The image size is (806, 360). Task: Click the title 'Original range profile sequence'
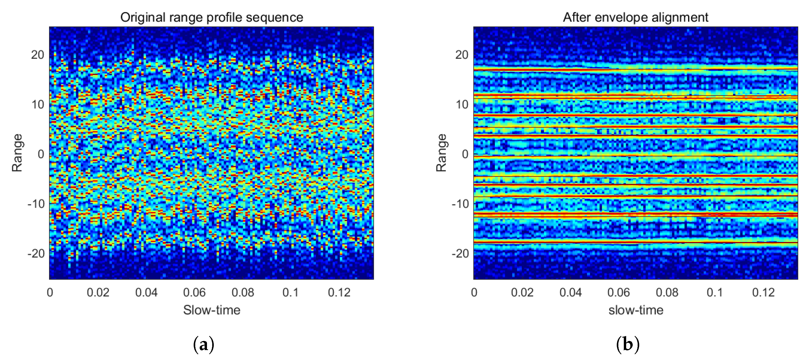[x=211, y=17]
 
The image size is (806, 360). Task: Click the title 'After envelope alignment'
[x=636, y=17]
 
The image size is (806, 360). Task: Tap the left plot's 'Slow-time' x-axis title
[x=211, y=310]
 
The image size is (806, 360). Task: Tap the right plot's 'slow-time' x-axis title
[x=636, y=310]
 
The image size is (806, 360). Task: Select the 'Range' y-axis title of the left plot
[x=17, y=153]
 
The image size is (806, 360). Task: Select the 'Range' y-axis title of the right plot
[x=441, y=153]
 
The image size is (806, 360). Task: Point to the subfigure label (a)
[x=204, y=344]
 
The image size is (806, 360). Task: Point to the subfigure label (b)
[x=628, y=344]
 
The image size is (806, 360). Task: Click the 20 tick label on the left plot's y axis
[x=38, y=55]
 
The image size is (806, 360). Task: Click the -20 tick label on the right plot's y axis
[x=460, y=253]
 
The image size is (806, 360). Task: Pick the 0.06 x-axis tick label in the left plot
[x=194, y=292]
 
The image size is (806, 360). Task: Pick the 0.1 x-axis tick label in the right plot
[x=715, y=292]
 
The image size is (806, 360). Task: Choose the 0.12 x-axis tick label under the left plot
[x=339, y=292]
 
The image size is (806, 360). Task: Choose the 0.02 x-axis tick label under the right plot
[x=522, y=292]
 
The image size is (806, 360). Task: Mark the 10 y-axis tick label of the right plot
[x=462, y=105]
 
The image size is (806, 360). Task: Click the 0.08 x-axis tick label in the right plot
[x=667, y=292]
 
